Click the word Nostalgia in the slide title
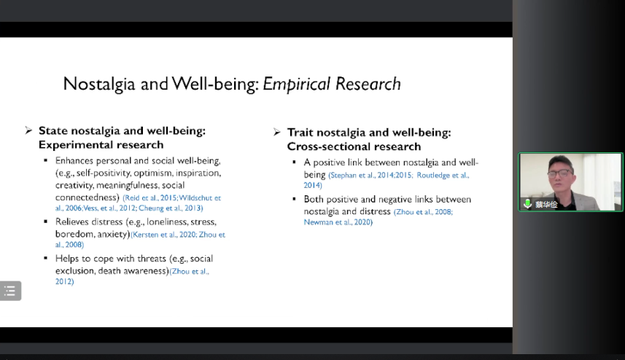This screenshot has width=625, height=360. click(x=99, y=84)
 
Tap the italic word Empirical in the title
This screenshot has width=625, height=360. click(x=297, y=84)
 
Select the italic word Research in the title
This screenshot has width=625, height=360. click(x=368, y=84)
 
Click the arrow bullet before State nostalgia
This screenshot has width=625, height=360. click(x=28, y=130)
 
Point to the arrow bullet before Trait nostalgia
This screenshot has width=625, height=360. click(x=277, y=132)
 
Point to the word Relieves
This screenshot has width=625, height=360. click(x=73, y=222)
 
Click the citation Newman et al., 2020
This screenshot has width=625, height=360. click(x=338, y=222)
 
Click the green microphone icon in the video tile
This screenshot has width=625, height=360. click(x=527, y=204)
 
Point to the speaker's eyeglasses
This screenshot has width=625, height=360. click(x=560, y=173)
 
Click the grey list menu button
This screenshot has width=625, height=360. click(x=10, y=291)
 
